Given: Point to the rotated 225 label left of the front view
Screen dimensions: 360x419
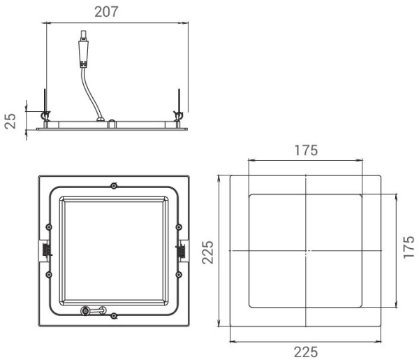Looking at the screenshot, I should click(207, 250).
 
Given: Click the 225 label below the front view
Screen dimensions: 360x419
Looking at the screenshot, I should click(306, 352).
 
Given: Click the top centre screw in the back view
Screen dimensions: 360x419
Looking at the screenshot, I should click(114, 185).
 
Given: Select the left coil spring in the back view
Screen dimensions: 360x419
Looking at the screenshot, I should click(45, 249).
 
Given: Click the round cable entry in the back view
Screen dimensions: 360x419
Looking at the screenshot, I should click(86, 311).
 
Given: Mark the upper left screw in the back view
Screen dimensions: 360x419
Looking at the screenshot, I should click(47, 226).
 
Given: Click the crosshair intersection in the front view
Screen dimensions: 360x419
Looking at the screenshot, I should click(306, 250).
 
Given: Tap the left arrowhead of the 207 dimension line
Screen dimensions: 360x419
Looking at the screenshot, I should click(47, 24).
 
